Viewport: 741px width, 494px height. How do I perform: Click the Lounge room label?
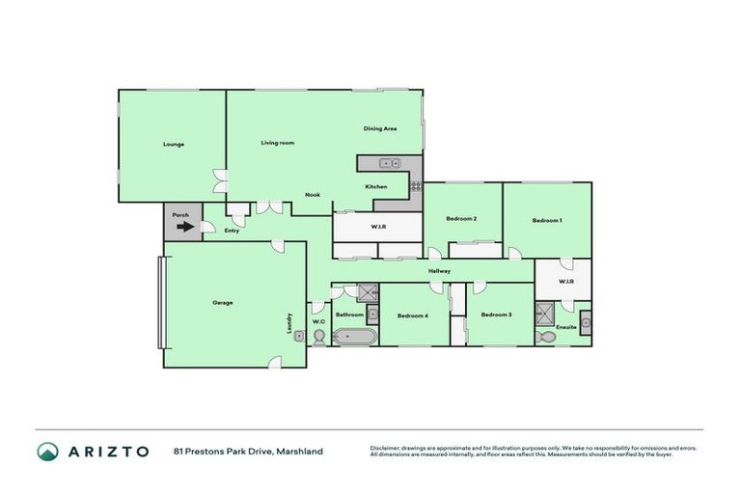pos(174,145)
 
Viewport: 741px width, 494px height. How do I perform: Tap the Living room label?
pos(277,143)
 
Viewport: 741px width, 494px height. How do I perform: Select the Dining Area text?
pos(380,128)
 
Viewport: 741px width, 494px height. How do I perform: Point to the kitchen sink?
pos(390,163)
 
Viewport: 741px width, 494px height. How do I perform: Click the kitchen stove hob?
pos(416,185)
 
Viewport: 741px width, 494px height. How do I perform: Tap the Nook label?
pos(313,195)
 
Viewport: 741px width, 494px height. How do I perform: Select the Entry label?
pos(232,231)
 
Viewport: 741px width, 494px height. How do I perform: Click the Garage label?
pos(223,303)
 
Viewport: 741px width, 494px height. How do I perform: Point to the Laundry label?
pos(289,323)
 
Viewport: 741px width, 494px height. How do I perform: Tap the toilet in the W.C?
pos(319,336)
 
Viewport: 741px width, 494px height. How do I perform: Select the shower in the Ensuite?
pos(546,313)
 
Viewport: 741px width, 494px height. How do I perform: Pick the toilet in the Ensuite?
pos(547,337)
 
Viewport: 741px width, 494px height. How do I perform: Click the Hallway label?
pos(441,271)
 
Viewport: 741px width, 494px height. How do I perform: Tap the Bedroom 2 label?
pos(461,219)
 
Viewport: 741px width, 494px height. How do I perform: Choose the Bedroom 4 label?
pos(412,316)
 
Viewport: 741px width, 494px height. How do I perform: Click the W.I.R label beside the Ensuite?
pos(566,282)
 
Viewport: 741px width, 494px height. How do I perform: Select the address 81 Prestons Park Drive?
pos(248,451)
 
